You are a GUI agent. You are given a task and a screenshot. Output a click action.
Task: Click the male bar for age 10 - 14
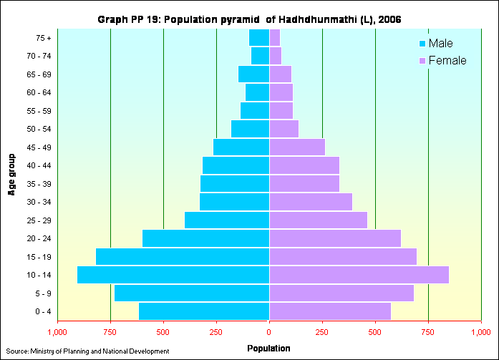click(x=173, y=275)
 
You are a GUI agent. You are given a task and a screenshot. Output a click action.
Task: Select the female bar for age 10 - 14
click(x=359, y=275)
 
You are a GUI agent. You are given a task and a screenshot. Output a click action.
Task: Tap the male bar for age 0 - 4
click(x=204, y=311)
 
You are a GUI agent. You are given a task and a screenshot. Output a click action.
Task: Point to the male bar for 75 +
click(x=259, y=37)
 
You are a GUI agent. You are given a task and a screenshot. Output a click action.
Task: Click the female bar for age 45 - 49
click(x=297, y=147)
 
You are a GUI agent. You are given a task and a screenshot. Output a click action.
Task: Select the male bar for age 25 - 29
click(x=227, y=220)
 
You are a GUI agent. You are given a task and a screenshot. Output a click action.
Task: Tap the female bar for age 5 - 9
click(x=341, y=293)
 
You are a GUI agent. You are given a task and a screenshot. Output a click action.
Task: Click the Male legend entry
click(x=439, y=44)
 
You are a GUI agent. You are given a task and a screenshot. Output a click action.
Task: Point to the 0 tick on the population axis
click(x=269, y=332)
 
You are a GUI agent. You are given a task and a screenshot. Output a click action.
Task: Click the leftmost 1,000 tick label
click(x=57, y=332)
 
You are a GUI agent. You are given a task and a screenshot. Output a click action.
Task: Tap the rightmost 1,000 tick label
click(x=480, y=332)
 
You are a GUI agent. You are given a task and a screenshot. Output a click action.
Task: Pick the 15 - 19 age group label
click(x=37, y=257)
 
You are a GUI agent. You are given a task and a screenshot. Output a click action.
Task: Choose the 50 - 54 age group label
click(x=37, y=129)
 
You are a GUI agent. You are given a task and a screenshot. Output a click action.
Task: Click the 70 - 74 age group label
click(x=37, y=56)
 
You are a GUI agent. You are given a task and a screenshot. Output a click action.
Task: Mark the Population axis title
click(x=268, y=349)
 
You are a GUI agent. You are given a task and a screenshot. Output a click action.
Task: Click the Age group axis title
click(x=12, y=174)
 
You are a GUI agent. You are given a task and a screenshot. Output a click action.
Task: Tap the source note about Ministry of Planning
click(x=87, y=351)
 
